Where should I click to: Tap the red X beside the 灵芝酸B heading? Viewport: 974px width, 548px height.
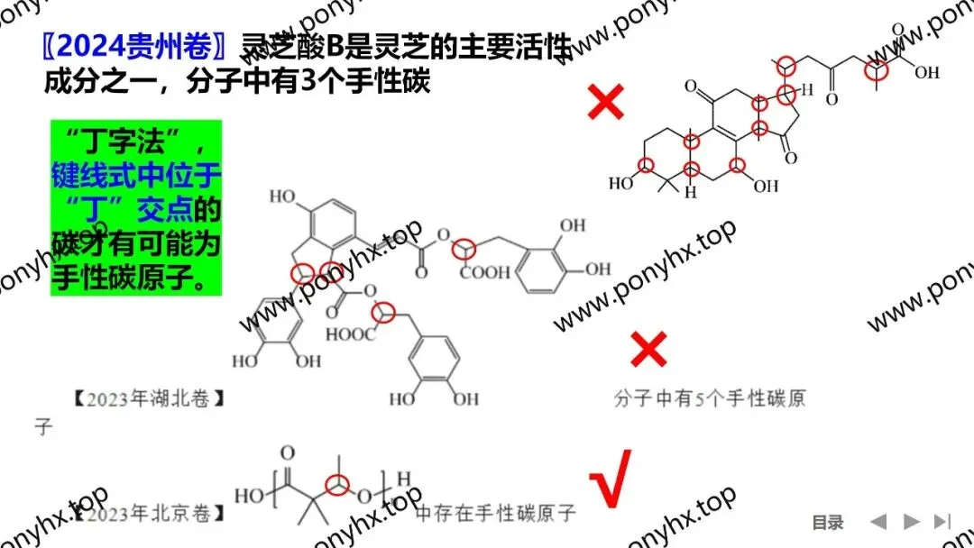coord(605,103)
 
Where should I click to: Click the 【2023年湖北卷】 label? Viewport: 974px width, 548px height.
coord(147,397)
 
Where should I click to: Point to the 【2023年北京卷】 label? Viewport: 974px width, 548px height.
coord(147,514)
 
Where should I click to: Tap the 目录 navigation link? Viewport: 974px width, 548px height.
coord(827,522)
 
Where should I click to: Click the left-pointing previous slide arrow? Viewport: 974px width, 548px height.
coord(878,521)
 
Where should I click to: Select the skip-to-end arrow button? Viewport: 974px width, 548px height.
coord(942,521)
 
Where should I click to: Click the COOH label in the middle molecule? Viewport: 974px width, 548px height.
coord(484,273)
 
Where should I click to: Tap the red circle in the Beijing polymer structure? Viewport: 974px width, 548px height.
coord(337,484)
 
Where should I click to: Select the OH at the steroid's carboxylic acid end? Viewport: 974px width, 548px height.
coord(926,73)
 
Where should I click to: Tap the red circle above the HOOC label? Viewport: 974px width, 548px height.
coord(385,311)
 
